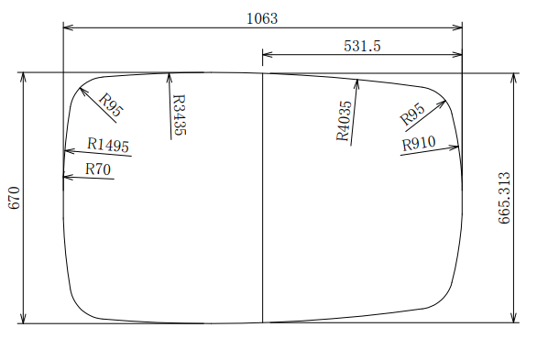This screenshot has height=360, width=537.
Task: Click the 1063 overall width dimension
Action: tap(262, 18)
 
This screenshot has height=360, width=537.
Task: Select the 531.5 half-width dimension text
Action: tap(362, 46)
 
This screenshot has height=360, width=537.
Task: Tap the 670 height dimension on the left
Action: tap(15, 198)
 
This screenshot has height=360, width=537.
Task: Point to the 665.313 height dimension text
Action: tap(504, 198)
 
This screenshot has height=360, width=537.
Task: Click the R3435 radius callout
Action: tap(179, 115)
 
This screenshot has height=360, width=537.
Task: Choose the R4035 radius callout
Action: tap(345, 121)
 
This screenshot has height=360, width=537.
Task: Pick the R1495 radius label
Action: tap(108, 145)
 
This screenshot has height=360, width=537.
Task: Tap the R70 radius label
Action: tap(98, 169)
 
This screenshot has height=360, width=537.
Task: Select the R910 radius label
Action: tap(419, 144)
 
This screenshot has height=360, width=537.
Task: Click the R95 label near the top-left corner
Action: tap(110, 105)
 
